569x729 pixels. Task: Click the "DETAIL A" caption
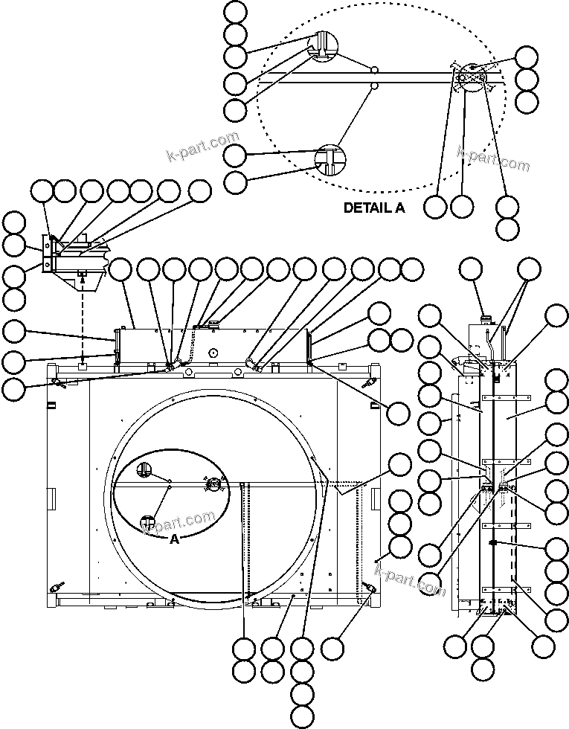click(373, 208)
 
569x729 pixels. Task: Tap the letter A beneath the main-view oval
click(174, 539)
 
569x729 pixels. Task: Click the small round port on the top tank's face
click(213, 353)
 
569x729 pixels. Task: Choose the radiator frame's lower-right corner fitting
click(370, 588)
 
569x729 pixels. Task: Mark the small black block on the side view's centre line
click(492, 544)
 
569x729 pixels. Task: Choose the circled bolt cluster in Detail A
click(471, 76)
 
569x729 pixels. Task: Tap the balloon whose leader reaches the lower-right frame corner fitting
click(332, 647)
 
